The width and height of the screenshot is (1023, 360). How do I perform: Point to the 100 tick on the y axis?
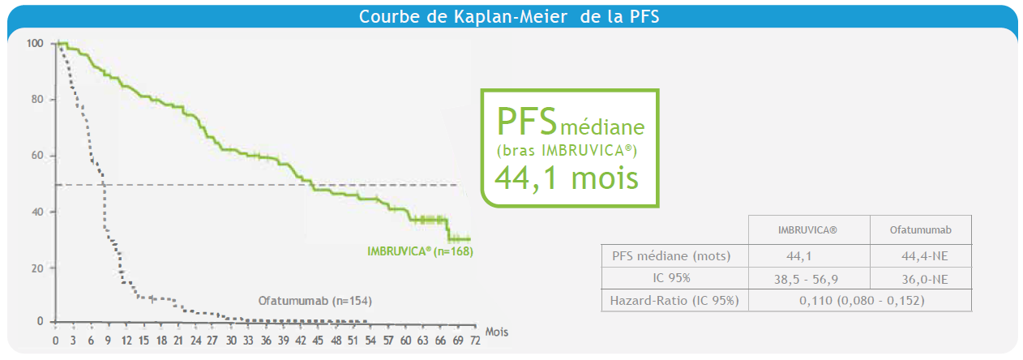click(34, 43)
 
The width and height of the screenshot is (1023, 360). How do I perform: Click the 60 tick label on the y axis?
click(37, 156)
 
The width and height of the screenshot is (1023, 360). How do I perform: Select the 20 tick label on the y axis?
click(37, 268)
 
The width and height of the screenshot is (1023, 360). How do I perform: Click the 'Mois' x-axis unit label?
click(498, 332)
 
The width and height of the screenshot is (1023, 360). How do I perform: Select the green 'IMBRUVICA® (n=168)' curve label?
click(418, 251)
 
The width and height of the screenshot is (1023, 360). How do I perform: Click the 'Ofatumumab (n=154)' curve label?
click(315, 301)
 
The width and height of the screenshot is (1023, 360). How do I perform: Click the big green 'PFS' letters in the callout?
click(527, 122)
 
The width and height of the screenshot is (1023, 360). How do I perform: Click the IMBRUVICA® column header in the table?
click(808, 230)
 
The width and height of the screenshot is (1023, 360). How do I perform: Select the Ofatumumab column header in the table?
click(920, 230)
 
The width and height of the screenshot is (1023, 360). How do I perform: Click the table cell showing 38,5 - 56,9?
click(808, 279)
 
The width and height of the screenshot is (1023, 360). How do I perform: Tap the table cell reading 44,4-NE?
click(920, 256)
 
